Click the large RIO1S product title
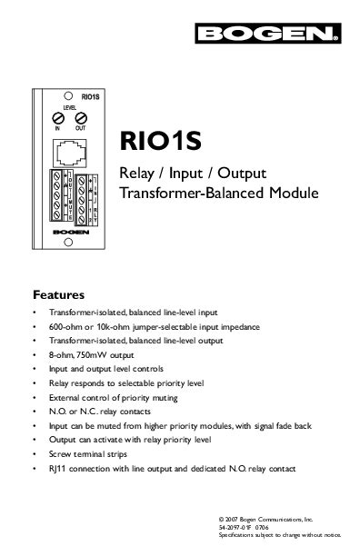[160, 144]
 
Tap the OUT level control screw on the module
[80, 118]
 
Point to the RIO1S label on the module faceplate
[90, 94]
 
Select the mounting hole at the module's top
[69, 94]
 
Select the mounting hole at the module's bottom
[69, 253]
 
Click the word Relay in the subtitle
[139, 174]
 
